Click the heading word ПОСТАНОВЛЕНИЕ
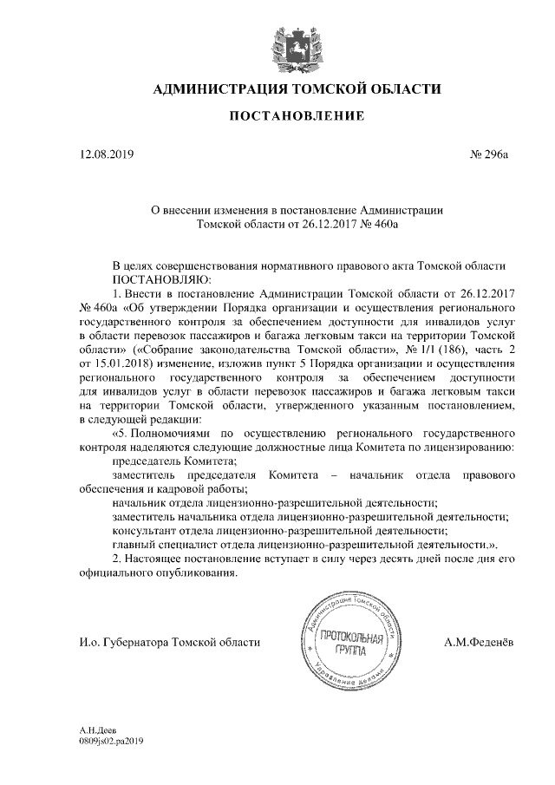pos(297,116)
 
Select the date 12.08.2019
pos(104,156)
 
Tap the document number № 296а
pos(489,156)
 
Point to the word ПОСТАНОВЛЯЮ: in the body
pos(157,280)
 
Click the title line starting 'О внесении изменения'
pos(297,209)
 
